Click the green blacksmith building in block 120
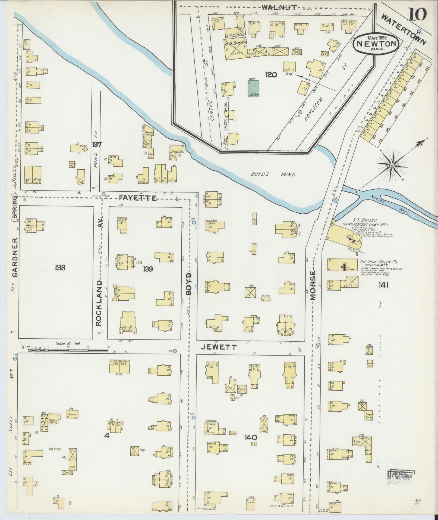253,88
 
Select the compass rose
392,165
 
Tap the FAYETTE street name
138,198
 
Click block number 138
60,267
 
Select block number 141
384,285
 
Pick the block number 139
149,269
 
